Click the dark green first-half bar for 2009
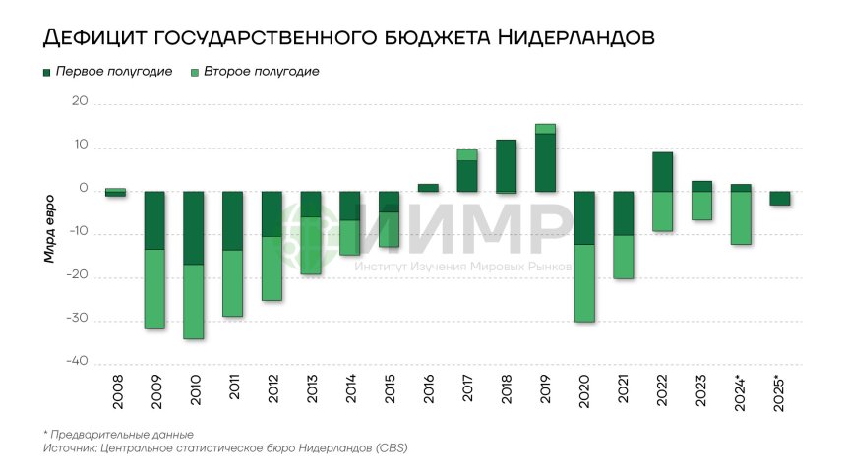pos(154,220)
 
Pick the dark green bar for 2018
pos(506,165)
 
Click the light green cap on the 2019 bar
pos(544,129)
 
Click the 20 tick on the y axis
pos(80,102)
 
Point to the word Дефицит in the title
pos(96,38)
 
